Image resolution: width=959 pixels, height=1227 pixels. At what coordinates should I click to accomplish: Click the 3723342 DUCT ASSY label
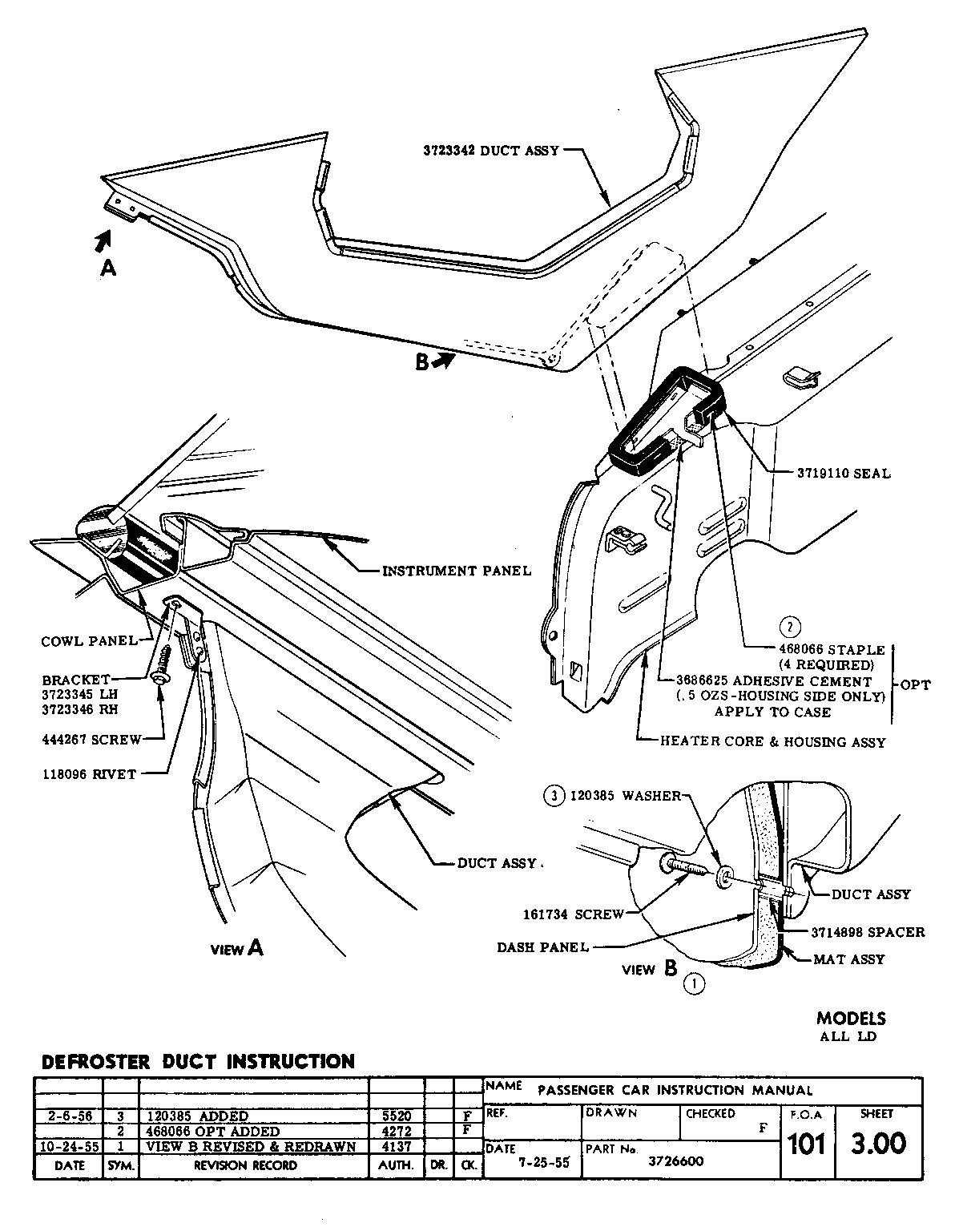point(492,150)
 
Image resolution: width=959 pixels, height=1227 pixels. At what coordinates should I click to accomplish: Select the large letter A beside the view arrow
point(108,268)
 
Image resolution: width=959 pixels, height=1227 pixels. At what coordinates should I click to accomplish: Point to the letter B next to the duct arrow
point(422,363)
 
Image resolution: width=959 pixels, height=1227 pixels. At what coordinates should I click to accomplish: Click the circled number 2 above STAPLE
point(791,628)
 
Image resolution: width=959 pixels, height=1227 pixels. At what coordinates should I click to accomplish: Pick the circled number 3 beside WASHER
point(551,796)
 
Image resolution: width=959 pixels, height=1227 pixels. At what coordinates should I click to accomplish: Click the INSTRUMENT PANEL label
point(456,571)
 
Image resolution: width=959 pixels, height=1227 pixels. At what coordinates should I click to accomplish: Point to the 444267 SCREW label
point(91,739)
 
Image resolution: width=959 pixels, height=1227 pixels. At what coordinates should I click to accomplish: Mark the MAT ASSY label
point(849,959)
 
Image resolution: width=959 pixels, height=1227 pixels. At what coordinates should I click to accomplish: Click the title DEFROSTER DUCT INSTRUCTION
point(197,1062)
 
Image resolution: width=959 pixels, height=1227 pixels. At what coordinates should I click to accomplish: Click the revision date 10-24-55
point(69,1147)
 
